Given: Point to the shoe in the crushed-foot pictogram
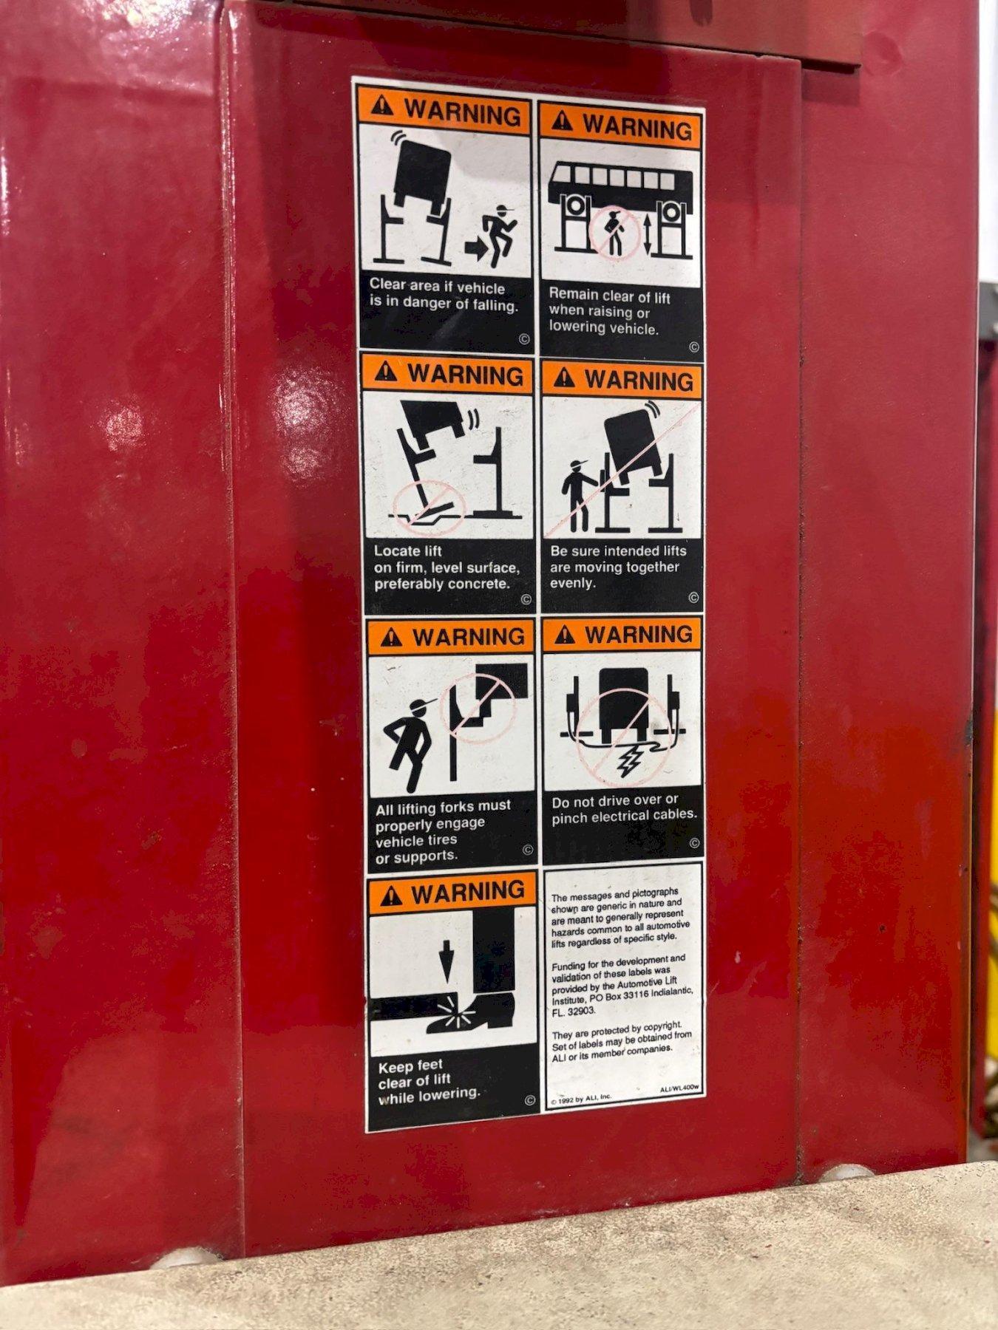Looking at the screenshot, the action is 471,1012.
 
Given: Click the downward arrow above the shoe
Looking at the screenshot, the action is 446,961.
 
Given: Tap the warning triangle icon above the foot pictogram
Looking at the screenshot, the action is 389,896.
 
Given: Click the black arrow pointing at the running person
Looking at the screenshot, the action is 476,249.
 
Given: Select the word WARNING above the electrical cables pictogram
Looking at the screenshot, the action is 639,635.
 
